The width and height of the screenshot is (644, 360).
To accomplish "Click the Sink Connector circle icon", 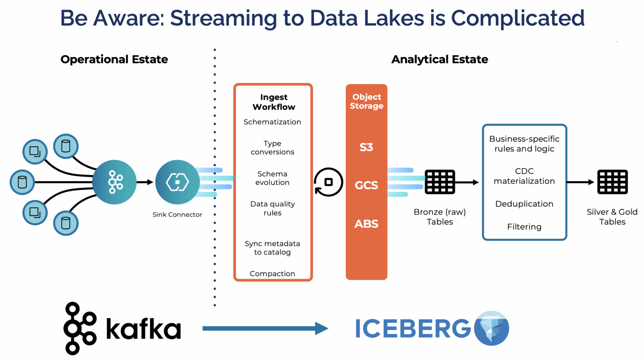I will click(x=177, y=182).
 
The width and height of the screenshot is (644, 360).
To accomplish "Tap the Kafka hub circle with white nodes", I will click(x=114, y=182).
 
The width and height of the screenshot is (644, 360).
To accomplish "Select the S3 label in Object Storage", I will click(x=366, y=147).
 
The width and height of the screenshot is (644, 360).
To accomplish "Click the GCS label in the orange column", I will click(x=366, y=185).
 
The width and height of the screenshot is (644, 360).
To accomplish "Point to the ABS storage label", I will click(x=366, y=224).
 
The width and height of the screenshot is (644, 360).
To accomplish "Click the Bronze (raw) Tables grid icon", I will click(x=439, y=182).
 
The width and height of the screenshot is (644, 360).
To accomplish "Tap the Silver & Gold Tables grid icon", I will click(x=612, y=182).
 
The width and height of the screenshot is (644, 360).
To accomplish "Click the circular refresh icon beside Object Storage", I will click(x=328, y=182).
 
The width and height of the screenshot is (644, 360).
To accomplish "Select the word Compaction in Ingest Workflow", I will click(x=272, y=274).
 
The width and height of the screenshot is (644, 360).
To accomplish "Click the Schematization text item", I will click(x=272, y=122).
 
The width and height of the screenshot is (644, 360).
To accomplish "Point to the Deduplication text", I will click(x=524, y=204).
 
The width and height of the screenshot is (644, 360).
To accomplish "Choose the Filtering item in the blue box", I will click(x=524, y=227).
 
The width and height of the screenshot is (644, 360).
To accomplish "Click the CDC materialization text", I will click(x=524, y=176).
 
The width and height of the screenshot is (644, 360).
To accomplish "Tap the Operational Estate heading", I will click(x=114, y=59).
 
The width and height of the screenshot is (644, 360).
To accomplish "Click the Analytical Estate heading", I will click(x=439, y=59).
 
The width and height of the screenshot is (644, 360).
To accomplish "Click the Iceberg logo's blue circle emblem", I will click(x=491, y=329).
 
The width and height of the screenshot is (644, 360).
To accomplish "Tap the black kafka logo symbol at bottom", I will click(x=80, y=329).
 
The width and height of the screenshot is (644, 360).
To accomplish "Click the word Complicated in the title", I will click(x=517, y=18).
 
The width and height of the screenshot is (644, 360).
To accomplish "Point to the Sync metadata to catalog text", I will click(x=272, y=248).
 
